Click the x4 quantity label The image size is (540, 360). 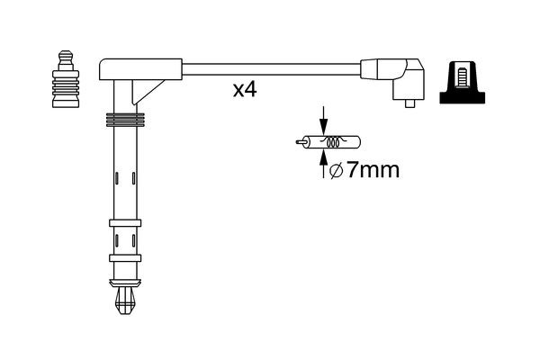click(244, 91)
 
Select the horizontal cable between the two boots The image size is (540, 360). click(270, 67)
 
